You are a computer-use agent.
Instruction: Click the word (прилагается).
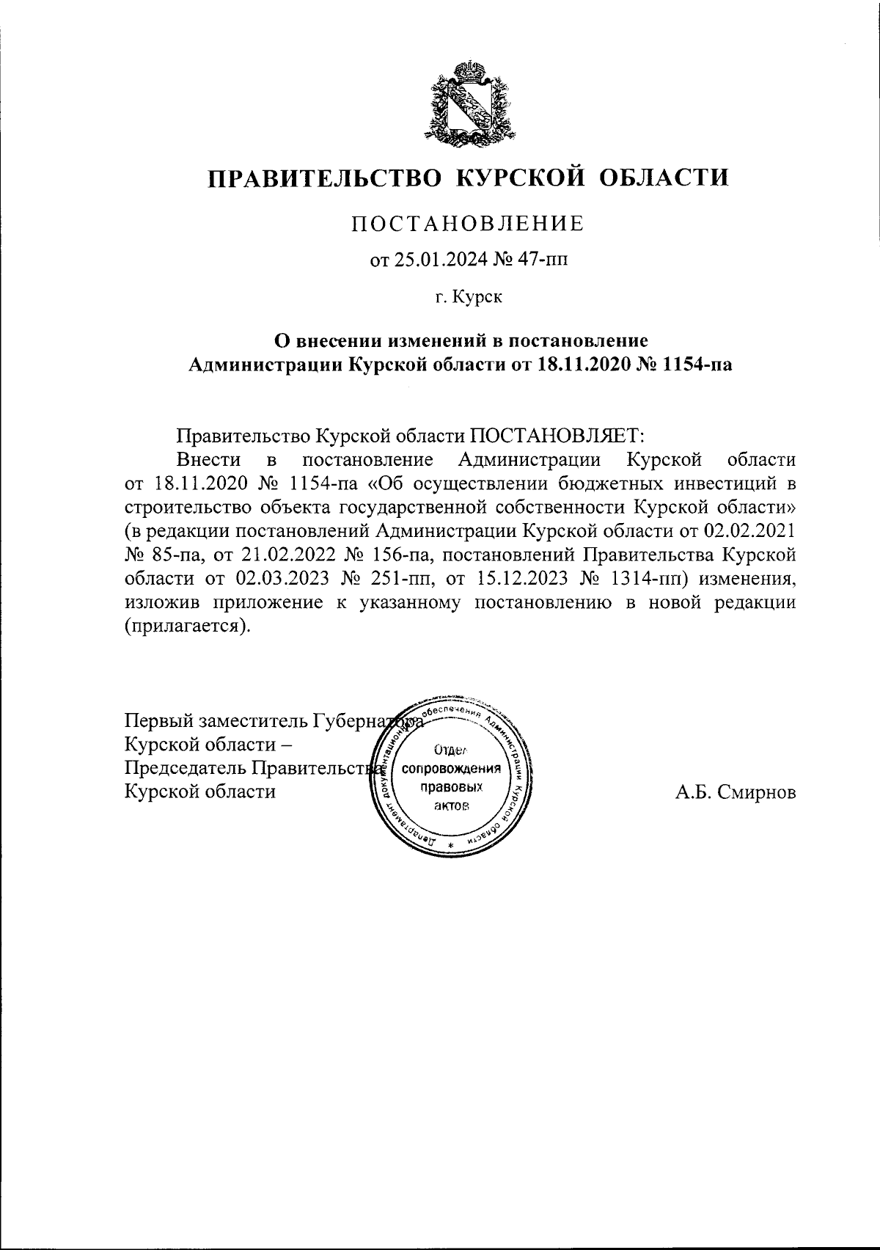point(187,625)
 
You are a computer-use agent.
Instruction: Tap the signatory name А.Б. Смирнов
point(736,793)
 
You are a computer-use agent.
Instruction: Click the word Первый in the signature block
point(155,722)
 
